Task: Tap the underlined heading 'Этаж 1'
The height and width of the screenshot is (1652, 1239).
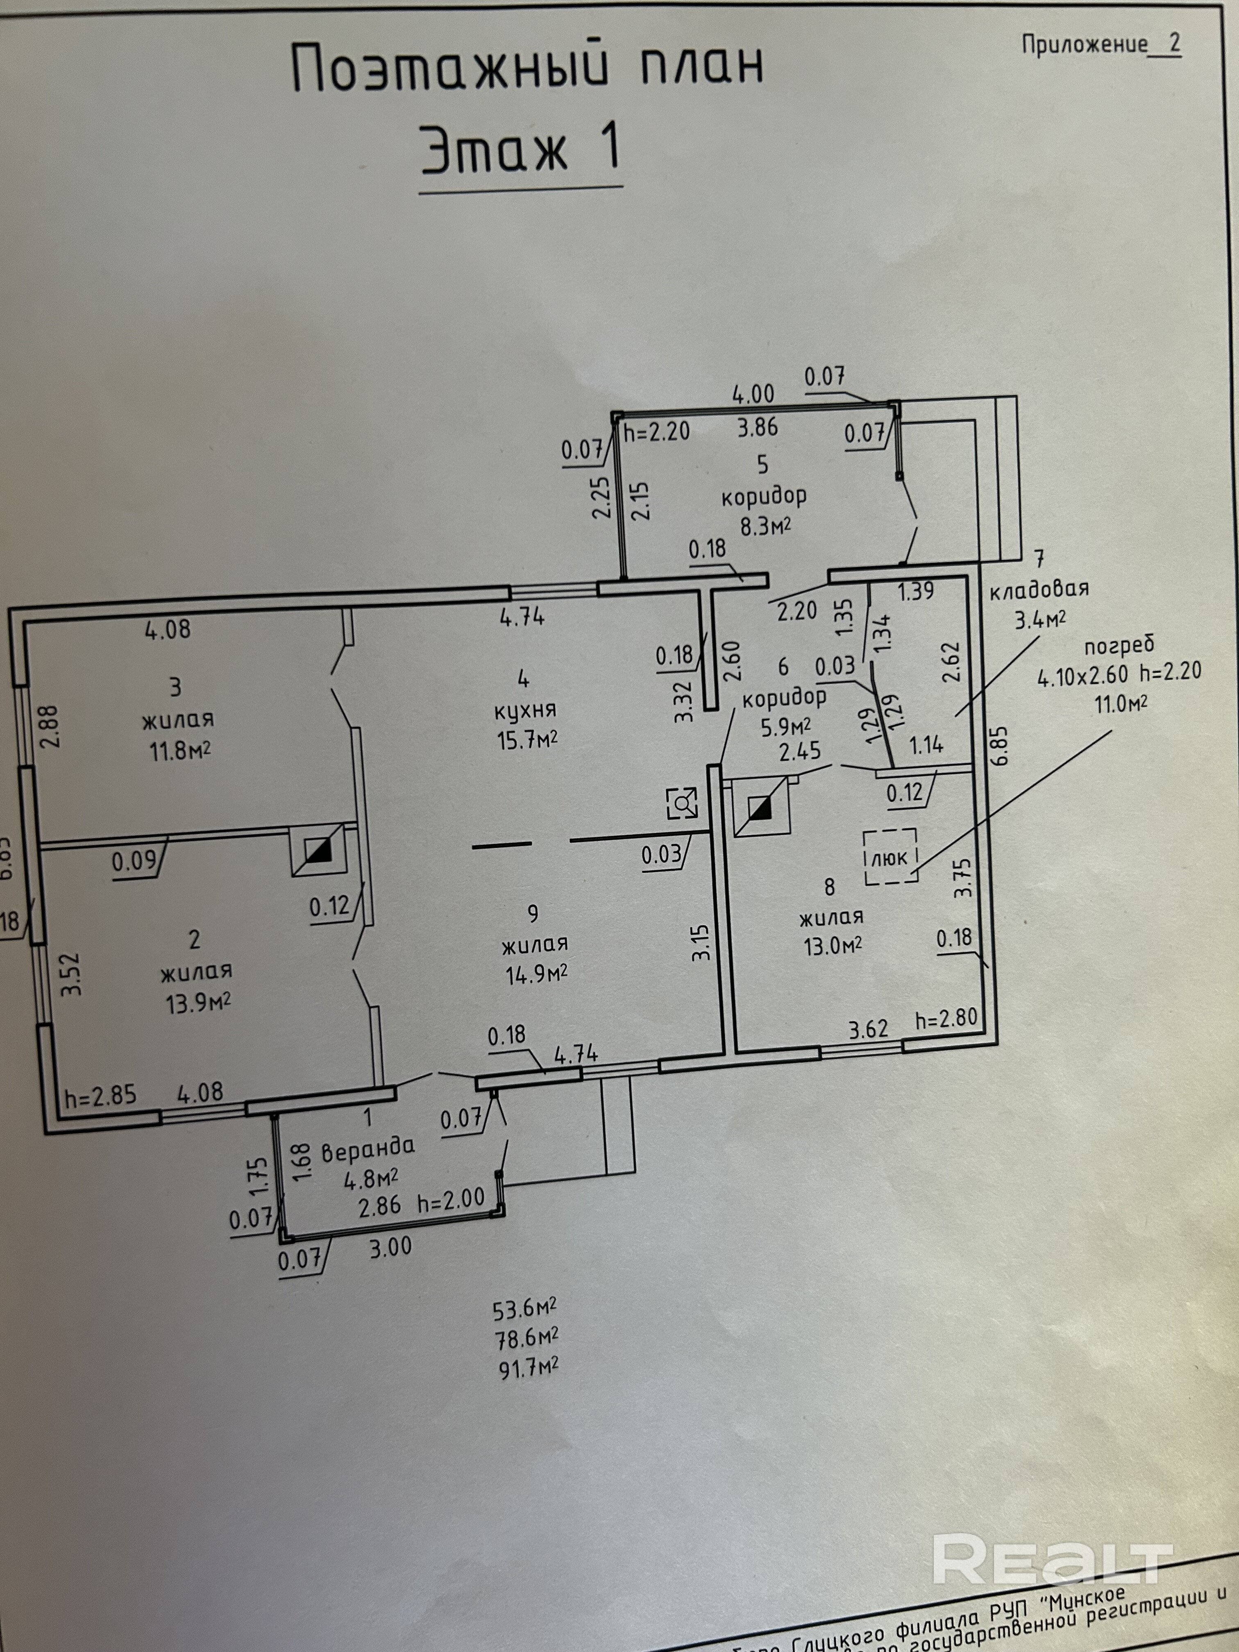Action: point(520,150)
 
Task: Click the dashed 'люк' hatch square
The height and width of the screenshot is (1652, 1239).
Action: point(890,858)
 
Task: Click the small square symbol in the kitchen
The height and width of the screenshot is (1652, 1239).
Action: point(683,803)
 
